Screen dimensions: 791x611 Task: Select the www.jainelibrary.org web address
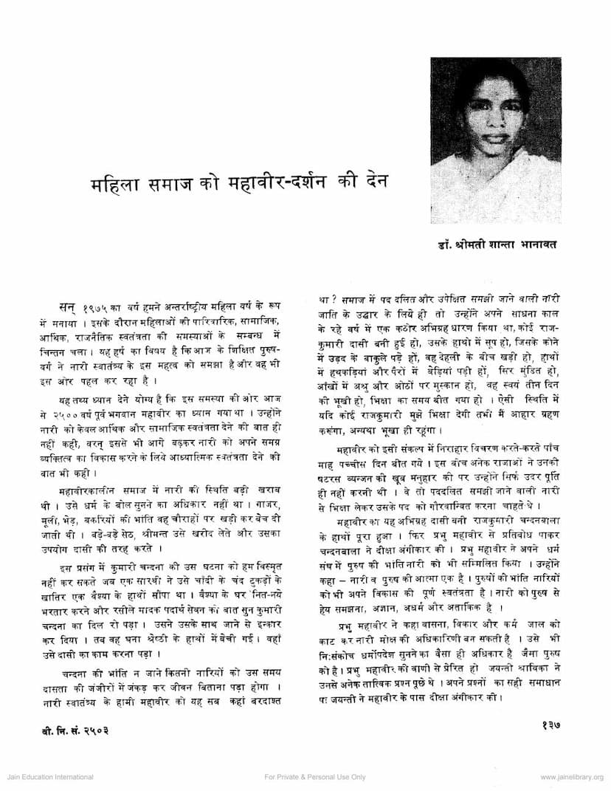tap(571, 777)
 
